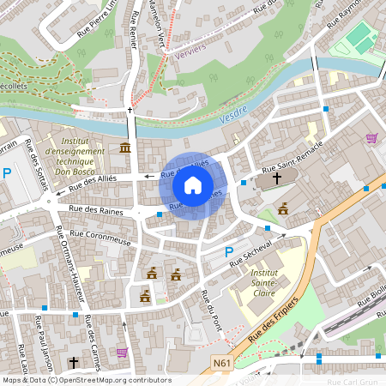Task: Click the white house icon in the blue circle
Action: point(193,185)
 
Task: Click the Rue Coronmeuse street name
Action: point(100,232)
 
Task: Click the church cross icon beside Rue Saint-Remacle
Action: point(276,179)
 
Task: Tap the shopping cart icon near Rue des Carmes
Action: point(122,352)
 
